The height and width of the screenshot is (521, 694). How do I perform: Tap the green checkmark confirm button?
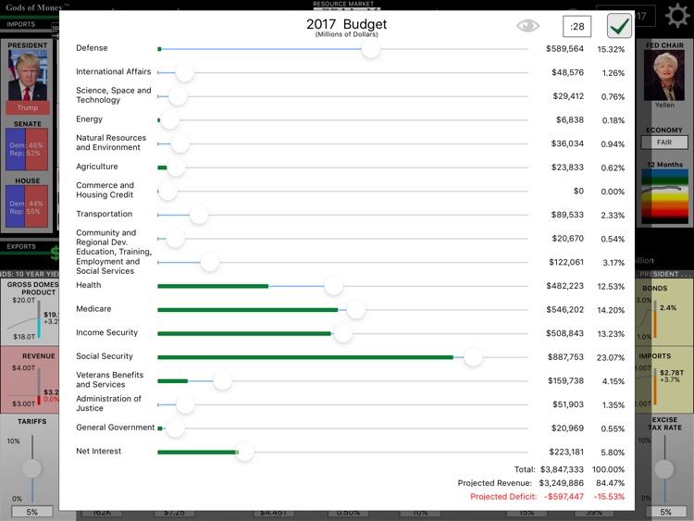(620, 26)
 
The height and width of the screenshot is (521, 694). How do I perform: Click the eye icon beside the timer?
(527, 26)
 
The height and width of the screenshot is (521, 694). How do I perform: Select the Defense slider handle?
(371, 48)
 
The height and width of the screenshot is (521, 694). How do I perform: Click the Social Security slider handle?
(473, 356)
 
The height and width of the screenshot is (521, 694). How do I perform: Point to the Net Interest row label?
(99, 452)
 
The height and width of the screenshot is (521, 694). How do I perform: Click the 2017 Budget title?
(347, 24)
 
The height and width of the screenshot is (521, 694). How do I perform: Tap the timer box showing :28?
(576, 26)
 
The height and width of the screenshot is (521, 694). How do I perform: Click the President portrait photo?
(28, 76)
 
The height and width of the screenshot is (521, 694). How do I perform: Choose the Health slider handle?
(334, 286)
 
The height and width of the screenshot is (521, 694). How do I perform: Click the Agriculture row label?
(97, 167)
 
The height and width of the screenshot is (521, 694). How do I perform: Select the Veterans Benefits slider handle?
(222, 380)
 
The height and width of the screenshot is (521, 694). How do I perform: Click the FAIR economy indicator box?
(664, 143)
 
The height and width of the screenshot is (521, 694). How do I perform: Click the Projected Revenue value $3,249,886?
(560, 483)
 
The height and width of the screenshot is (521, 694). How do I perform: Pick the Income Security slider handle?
(343, 333)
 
